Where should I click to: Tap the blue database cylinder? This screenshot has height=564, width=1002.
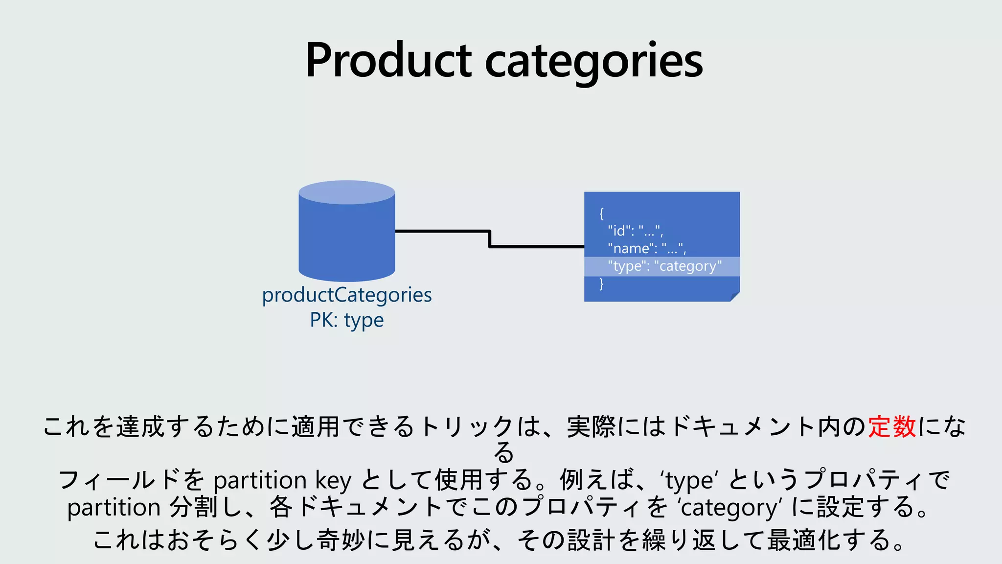[x=347, y=240]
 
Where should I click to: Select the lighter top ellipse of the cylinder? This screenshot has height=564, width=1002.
[x=347, y=192]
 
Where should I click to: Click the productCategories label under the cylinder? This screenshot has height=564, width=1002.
[x=347, y=295]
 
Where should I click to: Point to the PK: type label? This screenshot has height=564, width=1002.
[x=347, y=320]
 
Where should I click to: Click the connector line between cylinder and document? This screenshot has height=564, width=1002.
[x=489, y=239]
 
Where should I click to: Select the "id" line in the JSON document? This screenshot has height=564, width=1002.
[x=635, y=231]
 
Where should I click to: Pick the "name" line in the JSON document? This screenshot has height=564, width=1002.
[x=647, y=248]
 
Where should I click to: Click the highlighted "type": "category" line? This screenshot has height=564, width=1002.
[x=664, y=266]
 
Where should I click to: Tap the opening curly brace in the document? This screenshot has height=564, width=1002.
[x=602, y=213]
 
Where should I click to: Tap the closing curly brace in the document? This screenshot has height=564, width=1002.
[x=602, y=283]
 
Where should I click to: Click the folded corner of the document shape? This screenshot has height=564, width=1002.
[x=735, y=297]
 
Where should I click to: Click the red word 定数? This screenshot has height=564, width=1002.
[x=892, y=426]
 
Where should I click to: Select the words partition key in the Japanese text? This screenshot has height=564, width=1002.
[x=282, y=480]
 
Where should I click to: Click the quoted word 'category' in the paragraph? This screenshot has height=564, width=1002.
[x=729, y=507]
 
